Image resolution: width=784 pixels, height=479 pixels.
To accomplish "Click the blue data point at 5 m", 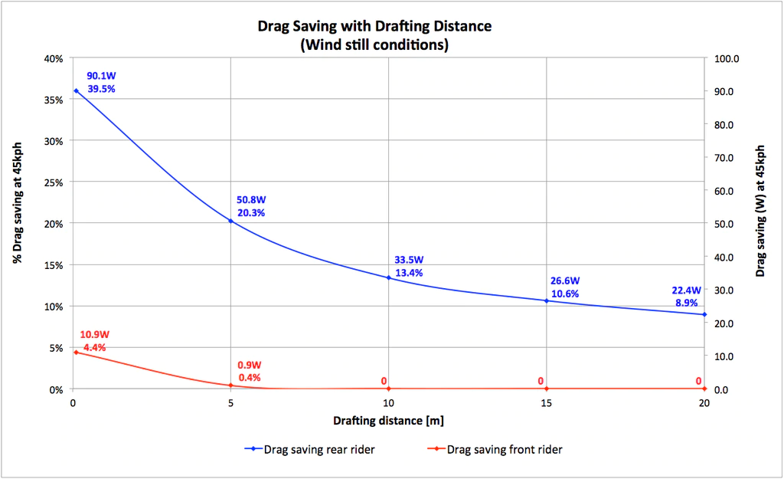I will click(x=230, y=221).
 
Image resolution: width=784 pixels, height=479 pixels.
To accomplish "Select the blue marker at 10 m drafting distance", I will click(x=388, y=277).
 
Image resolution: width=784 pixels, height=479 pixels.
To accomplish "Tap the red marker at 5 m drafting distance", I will click(x=230, y=385).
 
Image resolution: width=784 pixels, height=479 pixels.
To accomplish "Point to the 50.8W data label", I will click(x=251, y=200).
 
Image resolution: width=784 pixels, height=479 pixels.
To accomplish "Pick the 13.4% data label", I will click(x=409, y=272).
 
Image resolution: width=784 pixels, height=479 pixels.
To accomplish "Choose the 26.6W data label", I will click(x=565, y=281).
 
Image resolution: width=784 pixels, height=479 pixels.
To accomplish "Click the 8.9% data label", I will click(x=686, y=303).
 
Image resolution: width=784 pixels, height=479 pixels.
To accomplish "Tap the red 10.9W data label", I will click(x=95, y=335).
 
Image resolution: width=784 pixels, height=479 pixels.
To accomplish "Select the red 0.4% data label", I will click(x=249, y=377).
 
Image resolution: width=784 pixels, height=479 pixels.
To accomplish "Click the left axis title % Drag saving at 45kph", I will click(x=16, y=198).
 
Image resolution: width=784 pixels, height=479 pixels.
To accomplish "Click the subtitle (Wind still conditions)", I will click(x=374, y=45).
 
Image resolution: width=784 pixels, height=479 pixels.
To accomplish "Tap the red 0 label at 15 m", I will click(x=541, y=381).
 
